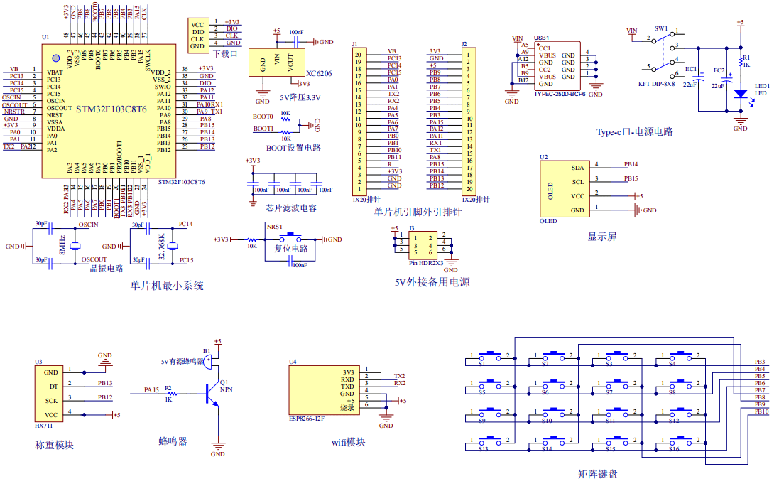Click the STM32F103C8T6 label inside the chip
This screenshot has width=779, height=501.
(111, 109)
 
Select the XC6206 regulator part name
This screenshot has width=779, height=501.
(319, 73)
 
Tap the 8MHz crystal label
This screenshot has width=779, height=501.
(62, 245)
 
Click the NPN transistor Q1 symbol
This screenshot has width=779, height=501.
(212, 392)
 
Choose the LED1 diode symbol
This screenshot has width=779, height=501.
(740, 93)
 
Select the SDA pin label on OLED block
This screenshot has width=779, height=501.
(577, 167)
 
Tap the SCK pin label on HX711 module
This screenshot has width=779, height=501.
(51, 401)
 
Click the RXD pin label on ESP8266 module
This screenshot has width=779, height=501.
(347, 379)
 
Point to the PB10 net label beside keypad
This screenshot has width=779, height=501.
(761, 411)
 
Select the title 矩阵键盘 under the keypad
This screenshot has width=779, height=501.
(598, 473)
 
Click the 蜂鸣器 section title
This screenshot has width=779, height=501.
(173, 441)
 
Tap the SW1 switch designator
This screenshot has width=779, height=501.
(661, 28)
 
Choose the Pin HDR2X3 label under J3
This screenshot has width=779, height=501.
(426, 262)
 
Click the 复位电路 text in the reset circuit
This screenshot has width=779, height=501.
(291, 249)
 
